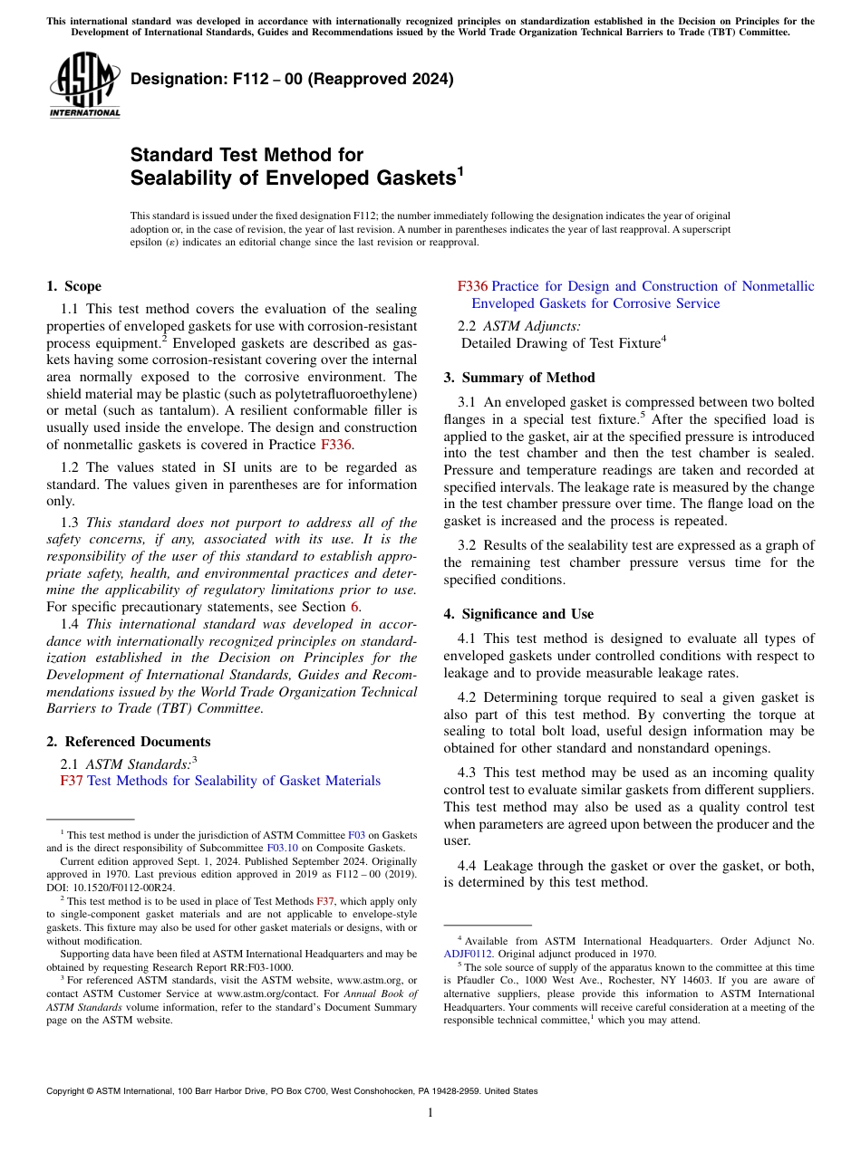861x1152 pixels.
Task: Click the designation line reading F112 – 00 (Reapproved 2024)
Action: click(x=292, y=80)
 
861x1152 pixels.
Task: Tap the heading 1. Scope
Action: click(x=73, y=286)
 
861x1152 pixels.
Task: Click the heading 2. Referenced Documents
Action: click(x=128, y=741)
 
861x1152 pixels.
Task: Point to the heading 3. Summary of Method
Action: click(x=518, y=378)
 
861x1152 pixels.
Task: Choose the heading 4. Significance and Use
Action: click(x=518, y=614)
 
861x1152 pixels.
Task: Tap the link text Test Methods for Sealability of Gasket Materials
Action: click(x=233, y=781)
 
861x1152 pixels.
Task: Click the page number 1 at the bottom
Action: click(x=430, y=1113)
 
